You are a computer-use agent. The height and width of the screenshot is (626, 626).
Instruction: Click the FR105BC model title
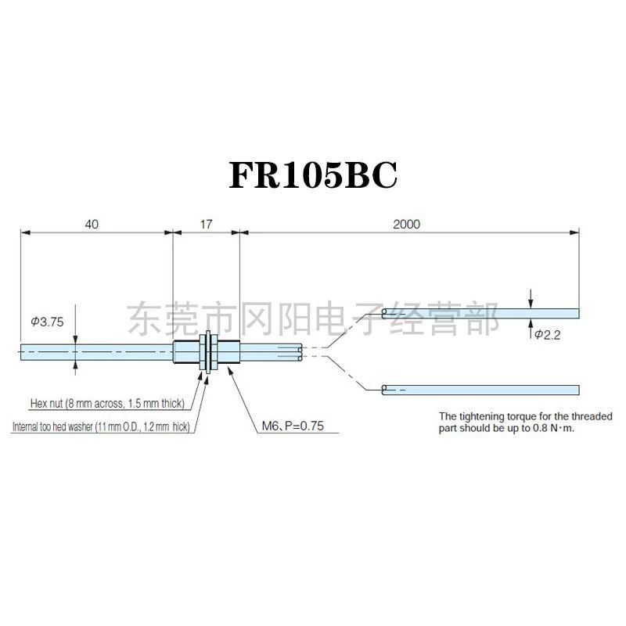point(313,174)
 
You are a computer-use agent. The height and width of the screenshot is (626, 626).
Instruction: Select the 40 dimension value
point(92,225)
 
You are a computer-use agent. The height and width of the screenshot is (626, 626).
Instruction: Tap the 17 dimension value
point(206,225)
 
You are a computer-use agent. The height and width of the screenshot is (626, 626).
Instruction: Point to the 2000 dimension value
point(406,225)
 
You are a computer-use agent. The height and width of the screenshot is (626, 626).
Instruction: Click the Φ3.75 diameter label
point(47,322)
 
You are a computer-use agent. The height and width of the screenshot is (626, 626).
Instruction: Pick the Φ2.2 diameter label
point(547,335)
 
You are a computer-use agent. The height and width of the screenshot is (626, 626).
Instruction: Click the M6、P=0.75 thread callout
point(293,426)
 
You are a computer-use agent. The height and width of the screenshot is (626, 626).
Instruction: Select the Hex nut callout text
point(107,403)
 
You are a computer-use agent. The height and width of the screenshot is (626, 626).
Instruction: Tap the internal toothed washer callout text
point(101,426)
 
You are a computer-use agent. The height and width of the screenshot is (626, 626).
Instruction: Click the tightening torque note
point(525,423)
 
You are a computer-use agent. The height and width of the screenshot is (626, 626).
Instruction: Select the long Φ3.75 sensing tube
point(96,352)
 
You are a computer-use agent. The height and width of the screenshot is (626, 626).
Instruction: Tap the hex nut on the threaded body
point(203,352)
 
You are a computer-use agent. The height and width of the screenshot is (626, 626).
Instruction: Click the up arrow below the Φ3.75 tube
point(75,368)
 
